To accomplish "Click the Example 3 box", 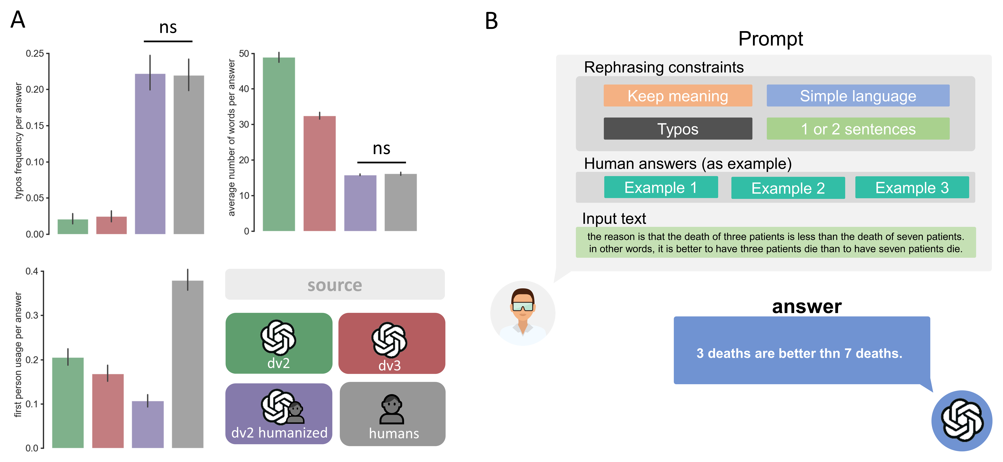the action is click(911, 188).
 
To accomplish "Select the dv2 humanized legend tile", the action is click(279, 414).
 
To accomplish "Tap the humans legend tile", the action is click(392, 414).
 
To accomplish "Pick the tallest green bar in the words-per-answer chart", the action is click(279, 144).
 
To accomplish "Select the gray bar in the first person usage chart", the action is click(188, 364).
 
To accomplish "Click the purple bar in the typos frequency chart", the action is click(150, 154).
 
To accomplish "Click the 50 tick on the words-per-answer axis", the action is click(244, 53).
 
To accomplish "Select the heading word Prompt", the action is click(770, 39).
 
